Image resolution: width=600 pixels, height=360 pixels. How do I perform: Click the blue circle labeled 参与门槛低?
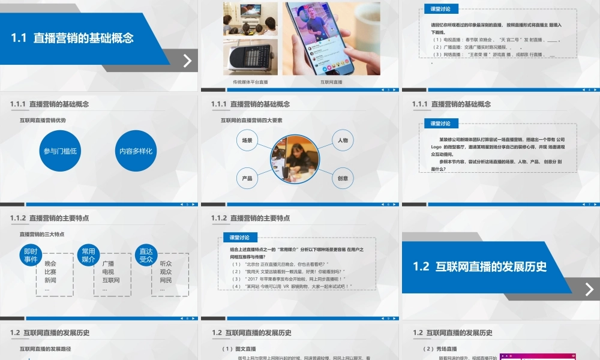click(61, 151)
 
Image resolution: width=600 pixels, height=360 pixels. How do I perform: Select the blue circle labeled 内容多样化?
click(136, 151)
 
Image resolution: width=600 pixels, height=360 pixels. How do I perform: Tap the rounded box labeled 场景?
click(247, 140)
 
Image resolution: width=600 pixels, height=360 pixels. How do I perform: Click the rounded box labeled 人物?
click(343, 140)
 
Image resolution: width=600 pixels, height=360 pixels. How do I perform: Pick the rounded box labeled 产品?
click(247, 178)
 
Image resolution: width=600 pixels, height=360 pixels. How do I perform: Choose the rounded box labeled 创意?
click(343, 178)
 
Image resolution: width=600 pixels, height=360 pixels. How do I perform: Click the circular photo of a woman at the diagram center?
click(295, 160)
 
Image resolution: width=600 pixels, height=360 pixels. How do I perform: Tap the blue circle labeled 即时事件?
click(31, 256)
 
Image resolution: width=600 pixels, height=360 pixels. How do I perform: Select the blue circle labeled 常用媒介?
click(88, 256)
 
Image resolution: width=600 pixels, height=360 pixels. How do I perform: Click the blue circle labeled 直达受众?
click(146, 256)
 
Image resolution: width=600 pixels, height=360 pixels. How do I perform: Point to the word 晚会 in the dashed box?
click(50, 263)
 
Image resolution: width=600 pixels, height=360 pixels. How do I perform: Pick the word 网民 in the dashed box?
click(166, 280)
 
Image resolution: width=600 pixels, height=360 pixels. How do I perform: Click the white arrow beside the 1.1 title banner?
click(188, 61)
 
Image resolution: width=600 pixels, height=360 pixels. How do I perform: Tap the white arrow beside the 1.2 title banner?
click(589, 289)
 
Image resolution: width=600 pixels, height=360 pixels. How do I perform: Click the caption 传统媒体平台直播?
click(250, 82)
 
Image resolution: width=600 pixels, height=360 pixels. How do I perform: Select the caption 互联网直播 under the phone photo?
click(331, 82)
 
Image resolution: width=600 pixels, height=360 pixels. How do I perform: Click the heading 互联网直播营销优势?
click(43, 120)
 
